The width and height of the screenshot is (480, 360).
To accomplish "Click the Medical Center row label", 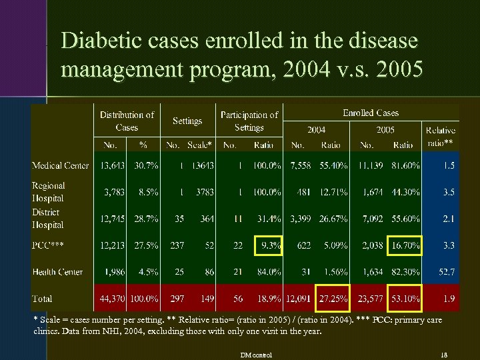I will (x=60, y=166).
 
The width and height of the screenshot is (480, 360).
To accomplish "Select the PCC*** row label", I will (x=48, y=245).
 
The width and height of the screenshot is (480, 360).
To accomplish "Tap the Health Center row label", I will (x=57, y=272).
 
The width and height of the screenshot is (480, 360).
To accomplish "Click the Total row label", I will (x=42, y=299).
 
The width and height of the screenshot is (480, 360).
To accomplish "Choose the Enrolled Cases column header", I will (x=371, y=113).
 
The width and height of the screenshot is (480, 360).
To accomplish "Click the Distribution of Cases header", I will (x=127, y=121).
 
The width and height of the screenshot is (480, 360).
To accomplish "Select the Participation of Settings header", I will (x=249, y=121).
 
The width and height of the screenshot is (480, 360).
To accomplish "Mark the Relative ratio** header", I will (x=441, y=137).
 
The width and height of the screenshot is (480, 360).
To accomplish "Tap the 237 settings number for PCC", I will (x=177, y=245).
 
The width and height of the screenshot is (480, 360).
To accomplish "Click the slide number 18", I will (x=445, y=354).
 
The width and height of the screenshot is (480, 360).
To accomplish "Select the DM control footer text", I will (x=257, y=354).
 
